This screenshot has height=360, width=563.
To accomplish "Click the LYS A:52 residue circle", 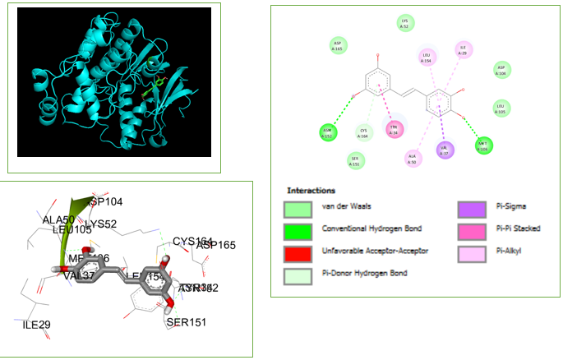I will coord(404,23).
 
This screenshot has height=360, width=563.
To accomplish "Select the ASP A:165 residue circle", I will coord(337,45).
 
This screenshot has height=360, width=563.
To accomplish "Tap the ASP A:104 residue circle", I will coord(501,71).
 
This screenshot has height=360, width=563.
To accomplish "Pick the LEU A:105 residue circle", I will coord(501,108).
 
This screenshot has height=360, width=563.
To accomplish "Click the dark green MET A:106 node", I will coord(483,145).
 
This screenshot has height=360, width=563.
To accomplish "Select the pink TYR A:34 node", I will coord(395,129).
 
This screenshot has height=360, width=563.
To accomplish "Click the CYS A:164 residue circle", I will coord(363,132).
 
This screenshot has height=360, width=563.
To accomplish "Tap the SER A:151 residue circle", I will coord(355,160).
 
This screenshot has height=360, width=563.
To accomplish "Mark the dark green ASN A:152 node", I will coord(328,132).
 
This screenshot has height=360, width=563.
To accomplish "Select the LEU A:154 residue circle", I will coord(427,58).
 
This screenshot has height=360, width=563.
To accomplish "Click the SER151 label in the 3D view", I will coord(188,321).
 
